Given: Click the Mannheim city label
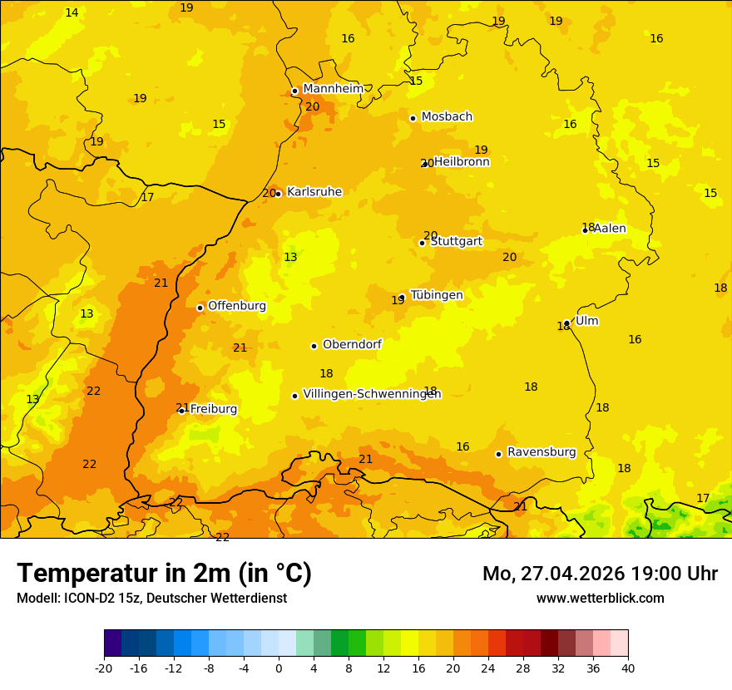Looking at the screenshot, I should pos(334,89).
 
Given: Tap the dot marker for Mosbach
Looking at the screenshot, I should pos(413,118).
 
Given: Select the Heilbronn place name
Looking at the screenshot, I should pos(462,162).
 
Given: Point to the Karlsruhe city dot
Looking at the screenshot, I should pos(279,194).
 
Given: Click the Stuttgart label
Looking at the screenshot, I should pos(456,242).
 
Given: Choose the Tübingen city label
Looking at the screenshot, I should pos(437,295).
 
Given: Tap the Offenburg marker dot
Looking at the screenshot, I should pos(200,308).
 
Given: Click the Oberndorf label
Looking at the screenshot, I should pos(352,344).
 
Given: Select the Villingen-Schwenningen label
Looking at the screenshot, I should pos(372,394).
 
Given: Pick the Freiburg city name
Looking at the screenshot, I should pos(214,409).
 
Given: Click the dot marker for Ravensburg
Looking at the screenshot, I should pos(498,454).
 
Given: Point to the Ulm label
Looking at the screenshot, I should pos(586,321).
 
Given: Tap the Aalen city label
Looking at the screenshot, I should pos(610,229).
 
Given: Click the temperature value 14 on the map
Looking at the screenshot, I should pos(72,12).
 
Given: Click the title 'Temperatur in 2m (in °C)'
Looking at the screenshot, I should pos(164,573).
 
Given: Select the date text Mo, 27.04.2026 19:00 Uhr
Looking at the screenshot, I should pos(600,574).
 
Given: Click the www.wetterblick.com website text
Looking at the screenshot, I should pos(600,598).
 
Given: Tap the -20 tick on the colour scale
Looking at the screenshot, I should pos(104,668).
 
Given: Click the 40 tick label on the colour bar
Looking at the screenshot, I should pos(628,668).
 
